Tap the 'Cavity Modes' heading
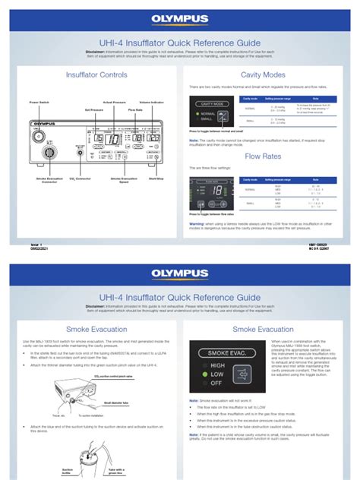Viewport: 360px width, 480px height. tap(263, 75)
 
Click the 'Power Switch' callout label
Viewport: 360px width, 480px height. tap(39, 101)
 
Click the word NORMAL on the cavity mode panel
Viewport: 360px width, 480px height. tap(209, 114)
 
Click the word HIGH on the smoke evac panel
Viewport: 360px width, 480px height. tap(216, 365)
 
